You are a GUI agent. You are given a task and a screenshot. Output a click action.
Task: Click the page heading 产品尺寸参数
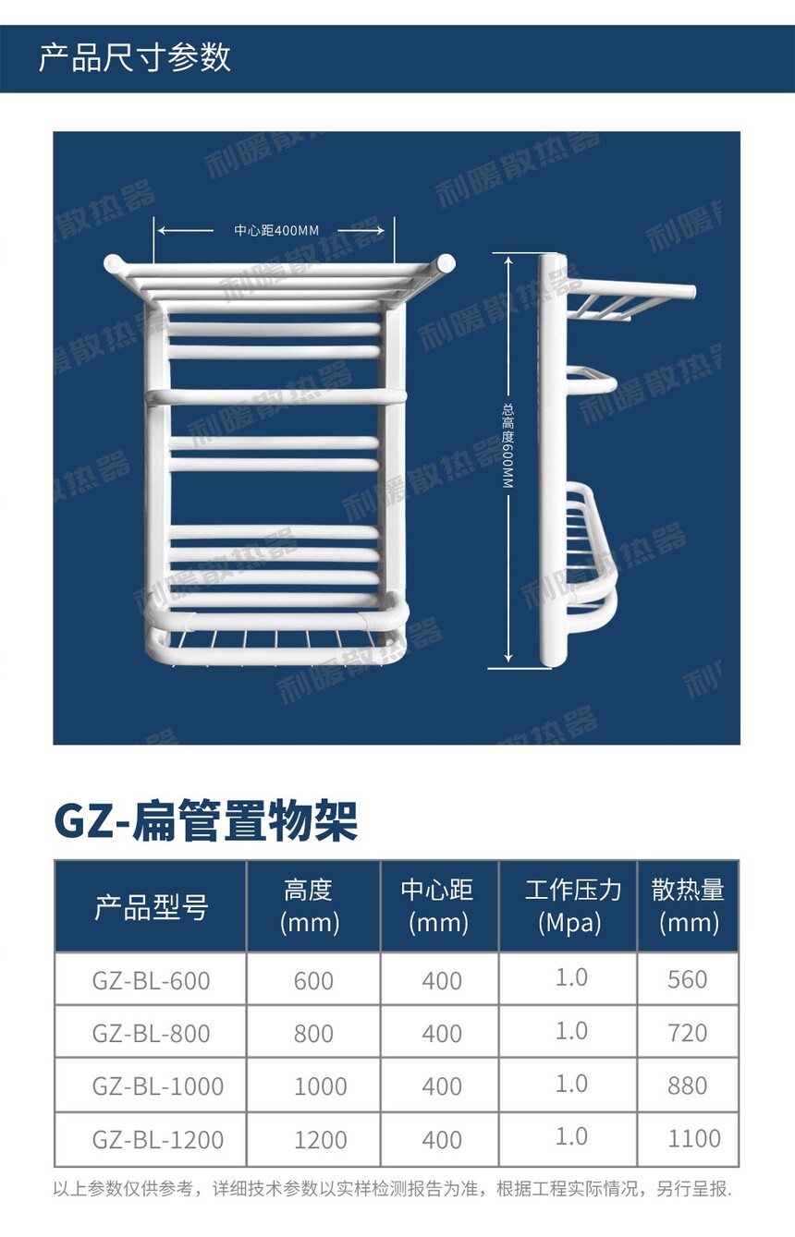134,57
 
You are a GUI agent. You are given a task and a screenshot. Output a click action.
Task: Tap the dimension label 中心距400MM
276,230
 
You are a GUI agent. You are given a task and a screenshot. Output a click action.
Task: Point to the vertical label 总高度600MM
508,446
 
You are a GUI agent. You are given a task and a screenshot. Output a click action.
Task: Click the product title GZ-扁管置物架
205,821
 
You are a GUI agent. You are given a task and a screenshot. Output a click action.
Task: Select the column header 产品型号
151,907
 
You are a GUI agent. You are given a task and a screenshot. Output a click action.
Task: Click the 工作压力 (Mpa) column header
571,906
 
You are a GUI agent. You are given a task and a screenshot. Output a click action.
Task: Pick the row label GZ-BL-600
151,981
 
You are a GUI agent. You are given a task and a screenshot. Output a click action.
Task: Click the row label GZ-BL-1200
157,1140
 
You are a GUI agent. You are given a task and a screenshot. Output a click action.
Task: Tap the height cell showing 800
313,1034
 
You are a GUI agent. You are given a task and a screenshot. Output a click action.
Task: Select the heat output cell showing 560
687,979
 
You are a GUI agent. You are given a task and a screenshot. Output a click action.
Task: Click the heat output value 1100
694,1139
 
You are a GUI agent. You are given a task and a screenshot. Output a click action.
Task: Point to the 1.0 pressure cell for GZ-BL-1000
571,1084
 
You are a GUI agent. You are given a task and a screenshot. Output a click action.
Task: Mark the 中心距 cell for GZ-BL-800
442,1034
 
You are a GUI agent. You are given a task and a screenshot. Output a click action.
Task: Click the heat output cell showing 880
687,1086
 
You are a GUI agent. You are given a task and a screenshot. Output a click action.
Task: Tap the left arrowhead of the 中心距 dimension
160,230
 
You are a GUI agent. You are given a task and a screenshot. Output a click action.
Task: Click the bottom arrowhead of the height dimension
508,658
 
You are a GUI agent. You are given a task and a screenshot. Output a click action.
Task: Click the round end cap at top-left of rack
114,263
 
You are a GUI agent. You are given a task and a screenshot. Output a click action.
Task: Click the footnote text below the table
392,1189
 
